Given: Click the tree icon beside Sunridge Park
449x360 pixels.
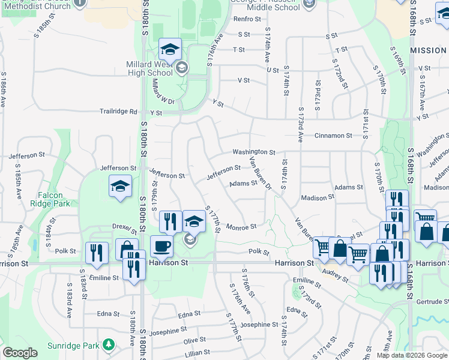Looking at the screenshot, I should tap(108, 345).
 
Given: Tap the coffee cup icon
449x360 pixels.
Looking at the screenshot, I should tap(161, 246).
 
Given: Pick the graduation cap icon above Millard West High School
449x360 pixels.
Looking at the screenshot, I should tap(170, 50).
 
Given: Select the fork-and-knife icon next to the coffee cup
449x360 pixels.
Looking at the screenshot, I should tap(171, 221).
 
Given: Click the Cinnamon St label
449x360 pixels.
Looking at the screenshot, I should tap(333, 136).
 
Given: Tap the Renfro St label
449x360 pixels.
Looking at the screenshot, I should tap(246, 19).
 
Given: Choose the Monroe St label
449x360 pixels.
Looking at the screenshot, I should tap(241, 227).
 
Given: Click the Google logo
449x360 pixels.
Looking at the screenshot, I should tap(20, 353).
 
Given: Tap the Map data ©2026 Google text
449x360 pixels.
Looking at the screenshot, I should tap(412, 355).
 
